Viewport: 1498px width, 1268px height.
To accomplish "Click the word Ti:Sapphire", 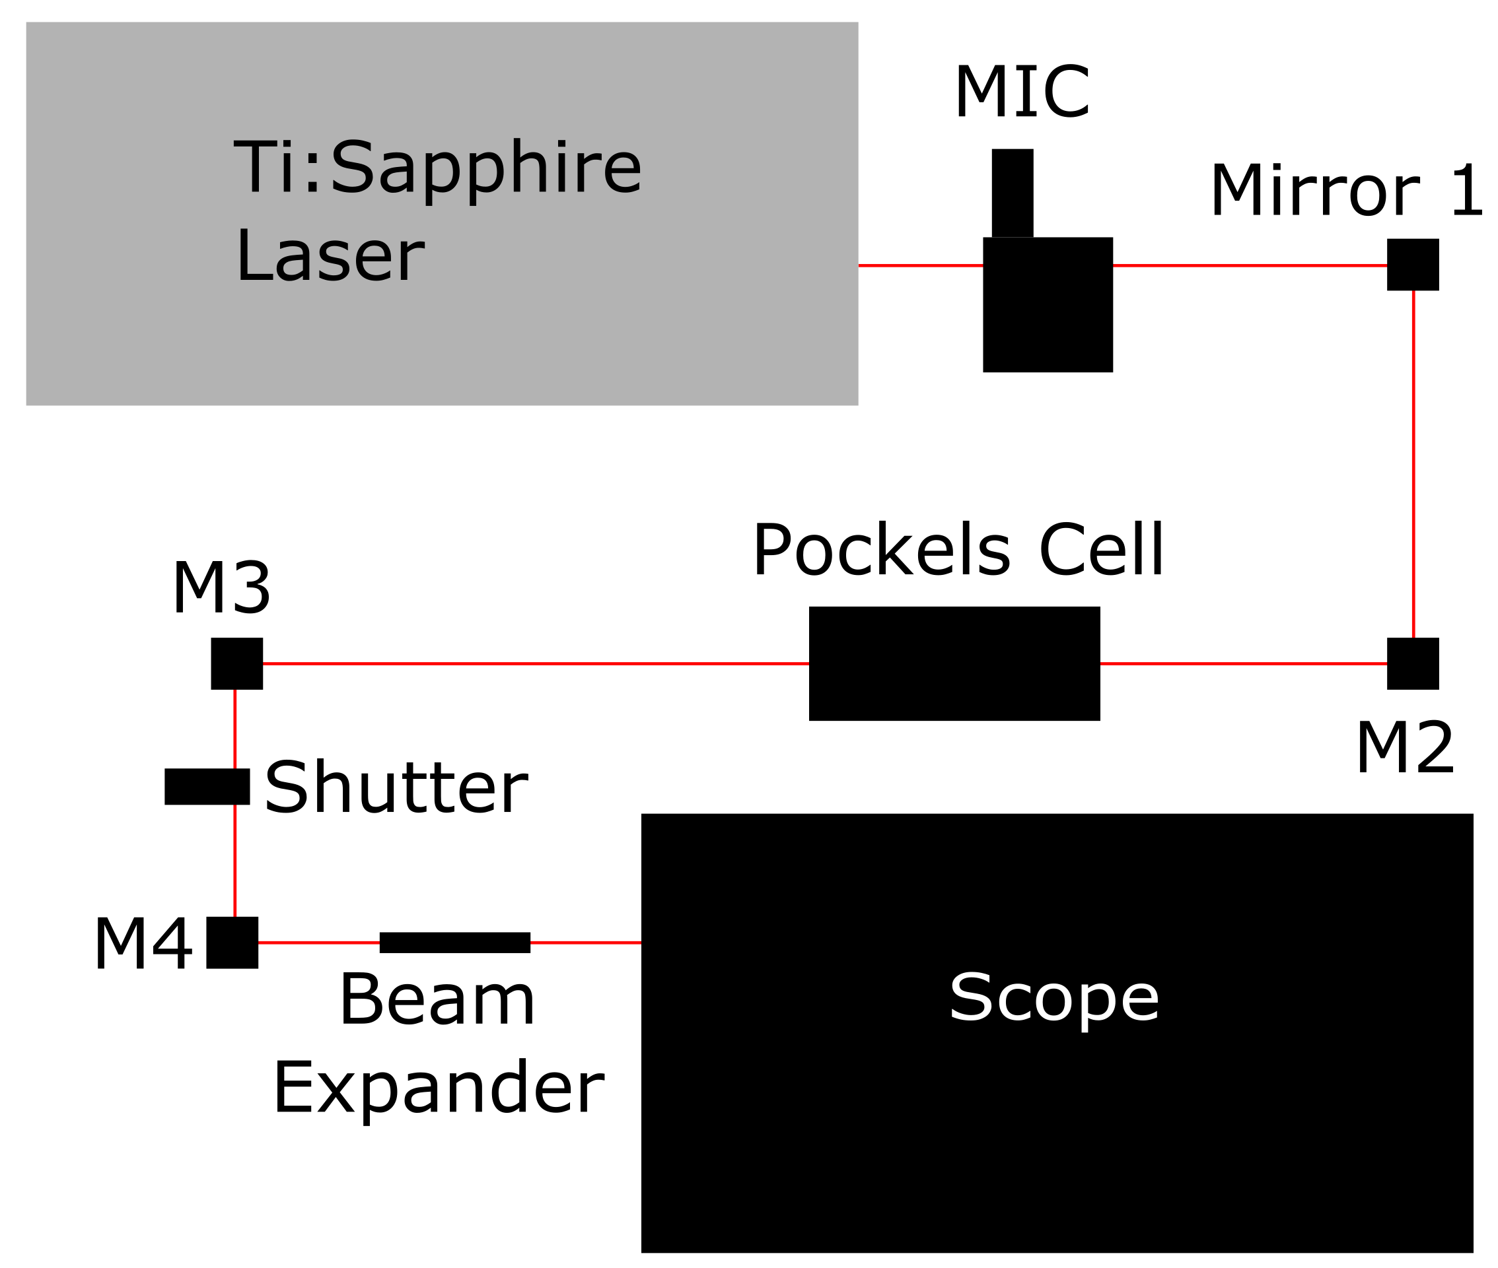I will pos(437,167).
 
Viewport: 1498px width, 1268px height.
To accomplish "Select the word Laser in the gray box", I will pos(330,256).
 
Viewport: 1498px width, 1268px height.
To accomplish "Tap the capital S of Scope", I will pos(971,997).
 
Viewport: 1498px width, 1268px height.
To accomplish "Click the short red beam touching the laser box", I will pos(921,265).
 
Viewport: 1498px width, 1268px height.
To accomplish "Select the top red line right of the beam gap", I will pos(1249,265).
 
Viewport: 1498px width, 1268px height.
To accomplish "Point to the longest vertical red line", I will pos(1413,463).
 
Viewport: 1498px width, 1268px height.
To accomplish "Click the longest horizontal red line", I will pos(536,663).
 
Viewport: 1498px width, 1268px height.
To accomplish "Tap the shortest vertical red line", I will pos(235,729).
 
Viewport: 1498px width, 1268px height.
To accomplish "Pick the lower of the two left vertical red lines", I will pos(235,861).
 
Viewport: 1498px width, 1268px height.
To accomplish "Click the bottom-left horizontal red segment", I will pos(318,943).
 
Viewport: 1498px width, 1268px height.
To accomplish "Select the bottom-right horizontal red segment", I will pos(585,943).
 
